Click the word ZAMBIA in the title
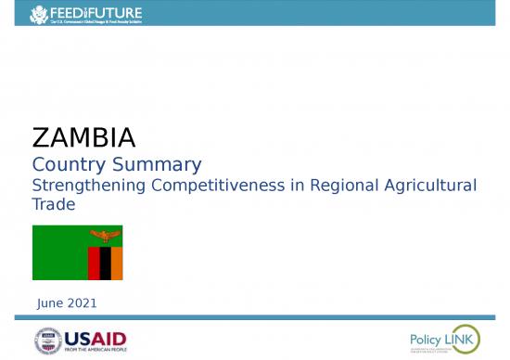(83, 138)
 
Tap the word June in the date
(50, 303)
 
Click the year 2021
(82, 303)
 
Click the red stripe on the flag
(94, 263)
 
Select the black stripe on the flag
(105, 263)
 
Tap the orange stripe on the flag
(117, 263)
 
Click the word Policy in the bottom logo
(427, 339)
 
